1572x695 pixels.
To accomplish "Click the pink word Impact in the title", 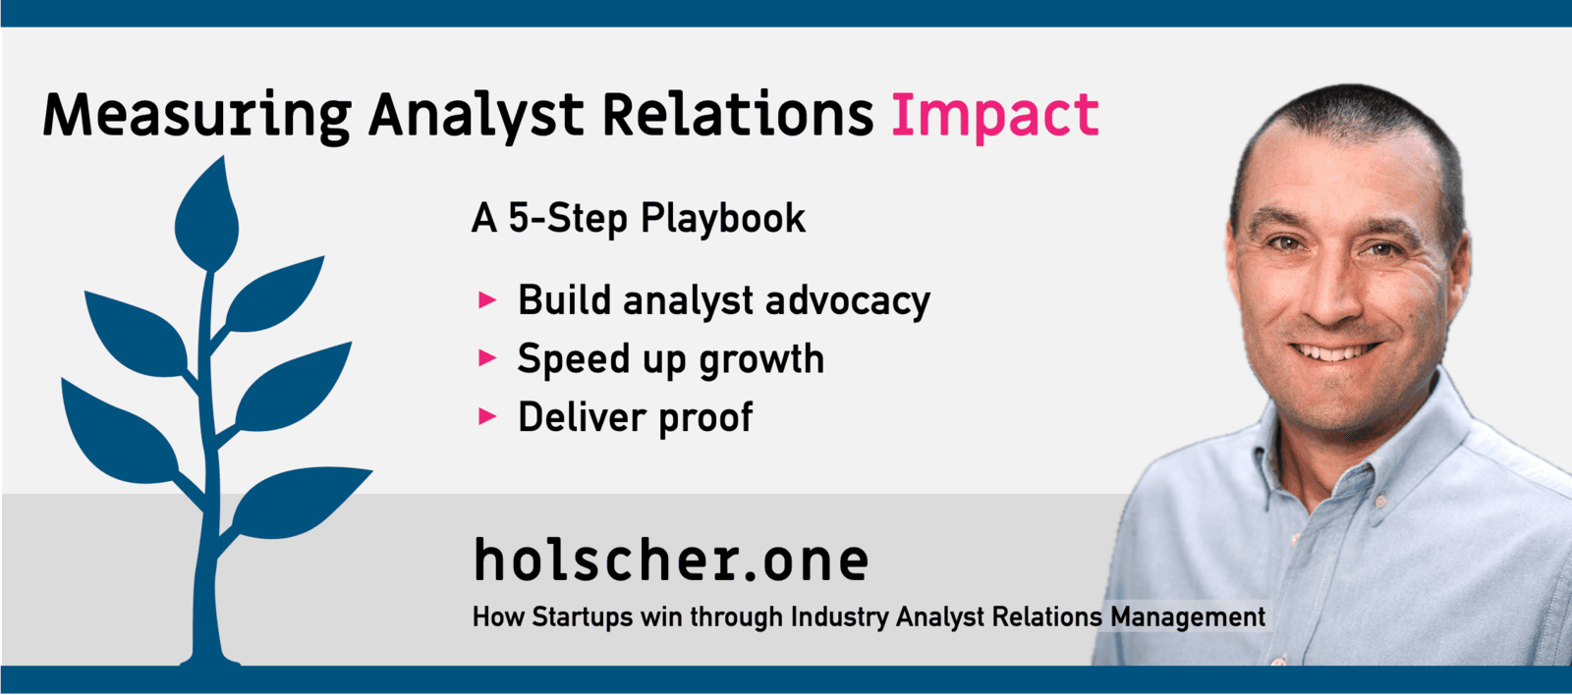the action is (x=994, y=116).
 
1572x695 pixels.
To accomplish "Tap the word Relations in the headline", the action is (x=738, y=114).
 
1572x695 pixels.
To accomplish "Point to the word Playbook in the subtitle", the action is (x=722, y=219).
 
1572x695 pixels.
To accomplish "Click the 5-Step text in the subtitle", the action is (x=568, y=219).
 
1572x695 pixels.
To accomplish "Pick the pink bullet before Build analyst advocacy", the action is (x=487, y=300).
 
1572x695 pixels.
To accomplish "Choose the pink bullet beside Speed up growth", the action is (x=487, y=358).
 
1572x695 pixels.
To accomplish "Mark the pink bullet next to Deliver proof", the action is (x=487, y=417).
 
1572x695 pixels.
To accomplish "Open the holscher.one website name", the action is (x=672, y=560).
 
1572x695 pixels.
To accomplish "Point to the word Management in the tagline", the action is (x=1188, y=617).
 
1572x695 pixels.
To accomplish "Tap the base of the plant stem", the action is (x=210, y=660).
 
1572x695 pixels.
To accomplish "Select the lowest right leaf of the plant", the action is (x=302, y=502).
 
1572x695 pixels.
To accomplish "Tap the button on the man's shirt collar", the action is (x=1379, y=501).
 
